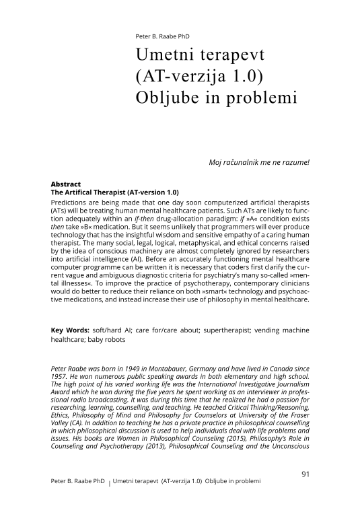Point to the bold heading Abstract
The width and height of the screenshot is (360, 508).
(x=66, y=184)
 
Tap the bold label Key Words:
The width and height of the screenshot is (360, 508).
(x=71, y=331)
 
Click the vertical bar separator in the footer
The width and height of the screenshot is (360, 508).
(x=110, y=484)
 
